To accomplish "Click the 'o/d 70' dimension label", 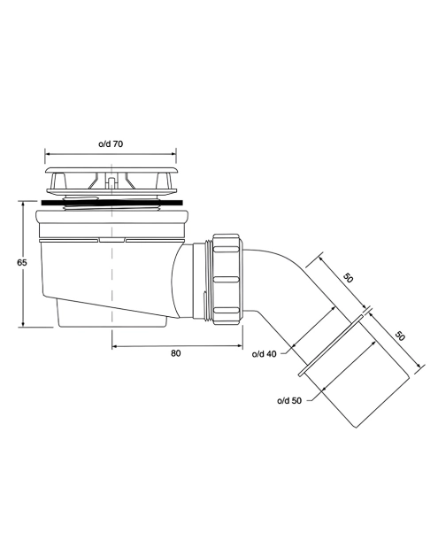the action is (x=111, y=144).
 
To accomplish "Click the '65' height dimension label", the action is (x=21, y=262).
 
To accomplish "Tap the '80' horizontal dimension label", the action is (x=176, y=353).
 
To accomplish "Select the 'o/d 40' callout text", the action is (x=264, y=354).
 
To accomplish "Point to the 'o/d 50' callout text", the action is (x=289, y=401).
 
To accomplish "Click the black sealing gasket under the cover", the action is (x=112, y=203).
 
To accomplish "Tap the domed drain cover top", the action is (x=111, y=170).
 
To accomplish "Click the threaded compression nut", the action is (x=227, y=279).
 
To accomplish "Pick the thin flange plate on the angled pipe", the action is (x=331, y=344).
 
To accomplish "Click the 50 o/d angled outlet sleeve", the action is (x=358, y=373).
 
